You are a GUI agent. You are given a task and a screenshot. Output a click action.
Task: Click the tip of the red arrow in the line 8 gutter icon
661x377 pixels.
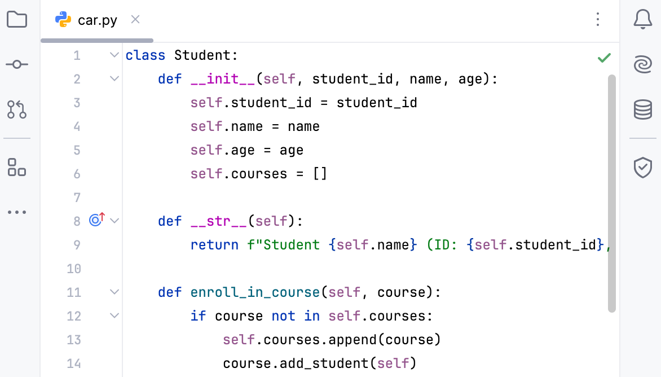[102, 214]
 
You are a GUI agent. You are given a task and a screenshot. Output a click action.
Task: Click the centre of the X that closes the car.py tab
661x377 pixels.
[135, 19]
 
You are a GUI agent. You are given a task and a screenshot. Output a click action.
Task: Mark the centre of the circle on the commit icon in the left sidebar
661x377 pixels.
[17, 64]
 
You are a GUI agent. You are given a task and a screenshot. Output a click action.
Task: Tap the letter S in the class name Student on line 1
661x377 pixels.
[179, 55]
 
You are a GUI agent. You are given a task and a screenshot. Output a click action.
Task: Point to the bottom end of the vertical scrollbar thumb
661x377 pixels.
[612, 312]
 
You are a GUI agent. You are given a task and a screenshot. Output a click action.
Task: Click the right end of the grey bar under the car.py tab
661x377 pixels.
[153, 41]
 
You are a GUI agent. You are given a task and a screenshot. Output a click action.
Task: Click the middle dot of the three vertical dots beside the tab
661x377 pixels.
[598, 19]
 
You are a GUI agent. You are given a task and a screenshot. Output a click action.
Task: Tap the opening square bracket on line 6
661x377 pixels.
[316, 174]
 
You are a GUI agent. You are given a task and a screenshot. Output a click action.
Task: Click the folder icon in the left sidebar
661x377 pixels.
[17, 19]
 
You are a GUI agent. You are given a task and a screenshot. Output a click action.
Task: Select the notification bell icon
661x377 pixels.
[643, 19]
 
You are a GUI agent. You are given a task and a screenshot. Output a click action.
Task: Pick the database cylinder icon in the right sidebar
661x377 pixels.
[643, 109]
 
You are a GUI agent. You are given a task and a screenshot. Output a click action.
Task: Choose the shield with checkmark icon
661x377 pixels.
[643, 168]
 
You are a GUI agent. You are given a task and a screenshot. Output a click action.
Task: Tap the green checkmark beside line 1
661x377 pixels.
[604, 58]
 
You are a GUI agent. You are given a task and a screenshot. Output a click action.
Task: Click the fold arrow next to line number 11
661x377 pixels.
[114, 292]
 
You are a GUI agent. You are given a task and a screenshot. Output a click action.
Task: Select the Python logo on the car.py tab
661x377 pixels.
[63, 19]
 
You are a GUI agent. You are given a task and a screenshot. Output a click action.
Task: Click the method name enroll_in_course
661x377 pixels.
[255, 293]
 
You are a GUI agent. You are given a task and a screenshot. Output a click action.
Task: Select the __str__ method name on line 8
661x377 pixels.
[218, 221]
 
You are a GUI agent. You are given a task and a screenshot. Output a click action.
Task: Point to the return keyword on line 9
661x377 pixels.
[214, 245]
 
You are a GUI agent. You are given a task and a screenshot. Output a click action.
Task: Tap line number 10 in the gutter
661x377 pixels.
[74, 269]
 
